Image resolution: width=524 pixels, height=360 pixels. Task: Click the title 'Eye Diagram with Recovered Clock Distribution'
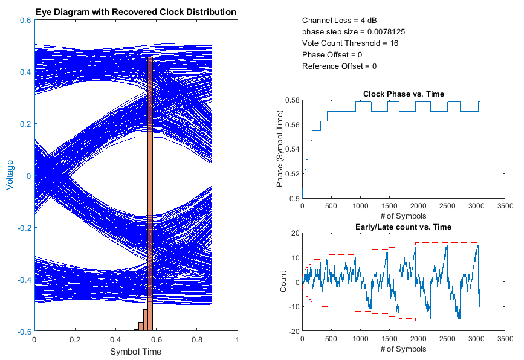click(135, 12)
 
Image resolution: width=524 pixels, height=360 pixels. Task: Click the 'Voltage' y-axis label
click(10, 175)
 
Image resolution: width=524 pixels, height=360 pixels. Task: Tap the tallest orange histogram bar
click(150, 193)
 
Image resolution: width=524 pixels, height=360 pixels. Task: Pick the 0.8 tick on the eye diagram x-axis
click(196, 340)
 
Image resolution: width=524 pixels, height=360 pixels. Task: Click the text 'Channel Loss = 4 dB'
click(340, 21)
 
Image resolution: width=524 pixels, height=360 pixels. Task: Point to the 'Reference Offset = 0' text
click(339, 66)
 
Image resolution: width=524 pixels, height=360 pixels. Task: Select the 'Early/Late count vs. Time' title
click(404, 227)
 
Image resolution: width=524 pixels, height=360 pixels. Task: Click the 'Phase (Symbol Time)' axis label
click(280, 149)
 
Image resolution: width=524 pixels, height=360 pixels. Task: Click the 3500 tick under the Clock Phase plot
click(505, 206)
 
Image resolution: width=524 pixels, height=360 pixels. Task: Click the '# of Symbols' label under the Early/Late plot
click(404, 349)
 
